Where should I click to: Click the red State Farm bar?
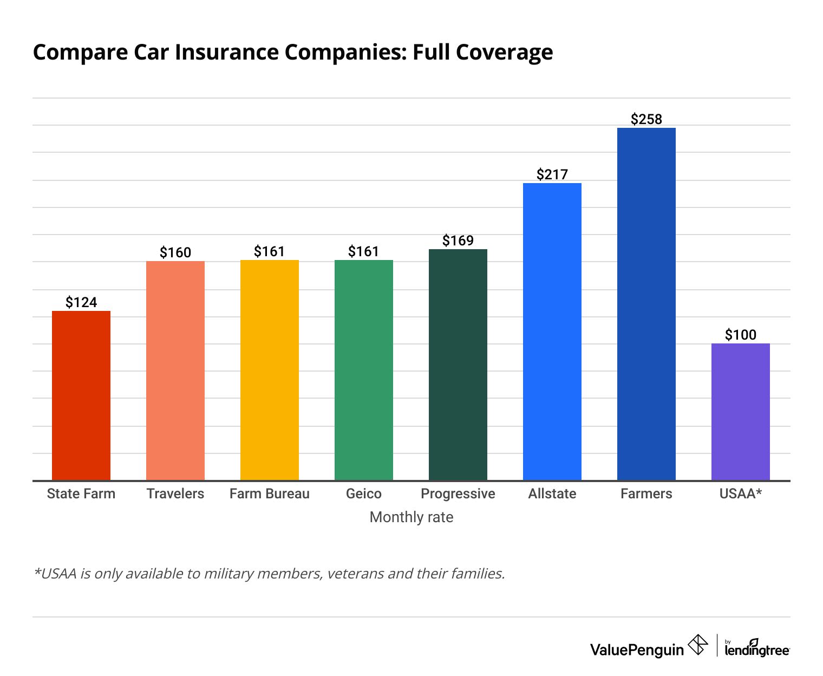pos(81,395)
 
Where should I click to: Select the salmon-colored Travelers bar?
pos(175,370)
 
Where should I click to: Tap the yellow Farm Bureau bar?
pos(270,370)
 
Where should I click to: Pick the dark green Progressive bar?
pos(458,365)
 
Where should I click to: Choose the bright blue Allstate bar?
pos(552,331)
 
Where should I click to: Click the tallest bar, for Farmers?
pos(646,304)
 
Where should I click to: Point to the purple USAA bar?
pos(741,412)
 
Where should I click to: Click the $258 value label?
pos(646,119)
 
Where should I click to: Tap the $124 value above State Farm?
pos(81,302)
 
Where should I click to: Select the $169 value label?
pos(458,240)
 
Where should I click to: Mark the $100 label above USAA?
pos(741,335)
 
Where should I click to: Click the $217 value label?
pos(552,174)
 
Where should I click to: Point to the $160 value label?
pos(175,252)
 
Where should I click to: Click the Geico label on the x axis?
pos(364,494)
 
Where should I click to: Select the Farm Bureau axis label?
pos(270,494)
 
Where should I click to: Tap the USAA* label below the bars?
pos(741,494)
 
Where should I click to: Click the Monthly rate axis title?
pos(412,517)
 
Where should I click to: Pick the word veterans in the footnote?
pos(356,574)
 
